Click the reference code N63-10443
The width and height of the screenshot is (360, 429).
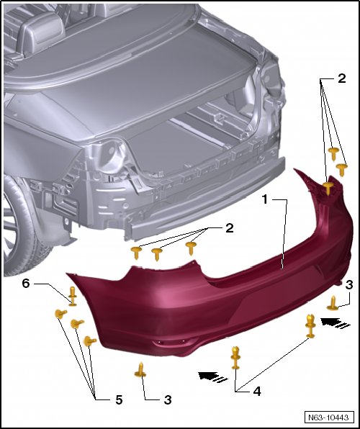click(x=328, y=417)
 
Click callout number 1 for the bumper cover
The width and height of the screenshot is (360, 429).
click(x=265, y=199)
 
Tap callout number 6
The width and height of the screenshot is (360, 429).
click(x=26, y=284)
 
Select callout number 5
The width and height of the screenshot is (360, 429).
click(x=119, y=400)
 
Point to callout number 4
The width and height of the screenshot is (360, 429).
click(x=257, y=392)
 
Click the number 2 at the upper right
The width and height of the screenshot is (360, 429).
click(x=342, y=78)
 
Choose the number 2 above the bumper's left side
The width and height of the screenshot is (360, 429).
click(x=230, y=228)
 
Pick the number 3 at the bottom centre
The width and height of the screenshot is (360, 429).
click(x=168, y=400)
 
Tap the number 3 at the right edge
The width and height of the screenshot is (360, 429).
click(x=349, y=285)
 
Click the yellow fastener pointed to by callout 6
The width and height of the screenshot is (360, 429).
click(x=72, y=296)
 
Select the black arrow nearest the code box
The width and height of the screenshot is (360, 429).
click(x=213, y=376)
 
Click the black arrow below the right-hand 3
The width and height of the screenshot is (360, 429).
click(x=336, y=322)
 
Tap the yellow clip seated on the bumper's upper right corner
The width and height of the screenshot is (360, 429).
click(x=328, y=188)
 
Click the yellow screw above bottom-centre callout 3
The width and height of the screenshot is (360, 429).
click(x=140, y=370)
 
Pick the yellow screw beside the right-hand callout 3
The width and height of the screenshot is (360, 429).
click(x=333, y=304)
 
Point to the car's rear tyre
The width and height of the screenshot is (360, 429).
click(x=19, y=227)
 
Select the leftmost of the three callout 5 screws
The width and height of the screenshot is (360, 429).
click(x=60, y=314)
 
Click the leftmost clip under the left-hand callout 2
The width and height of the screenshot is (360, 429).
click(x=136, y=252)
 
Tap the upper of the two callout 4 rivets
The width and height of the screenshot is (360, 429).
click(x=310, y=326)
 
